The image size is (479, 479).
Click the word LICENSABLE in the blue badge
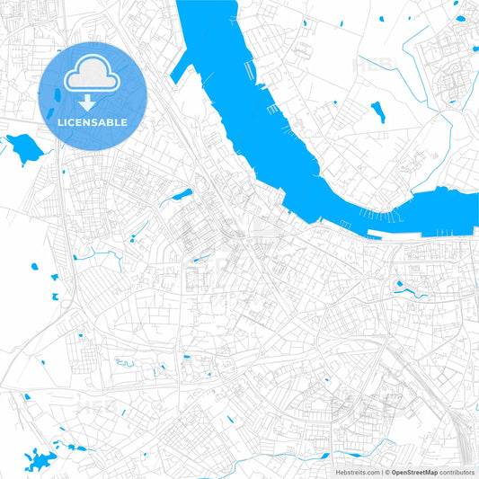tap(93, 122)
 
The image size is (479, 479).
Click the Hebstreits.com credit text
tap(355, 471)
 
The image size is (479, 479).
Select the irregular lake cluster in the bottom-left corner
tap(36, 461)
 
